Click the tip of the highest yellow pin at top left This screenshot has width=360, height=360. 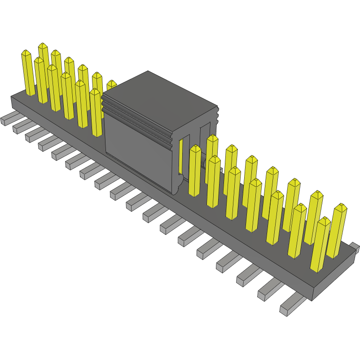[43, 46]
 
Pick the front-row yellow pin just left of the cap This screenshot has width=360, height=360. [96, 112]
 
